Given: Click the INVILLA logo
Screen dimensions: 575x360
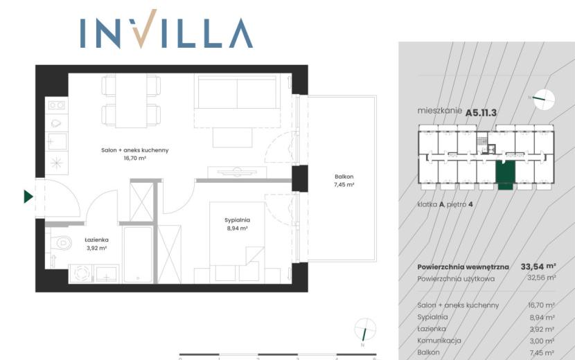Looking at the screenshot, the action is pyautogui.click(x=166, y=29).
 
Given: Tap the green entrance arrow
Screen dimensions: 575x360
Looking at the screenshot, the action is pyautogui.click(x=28, y=197).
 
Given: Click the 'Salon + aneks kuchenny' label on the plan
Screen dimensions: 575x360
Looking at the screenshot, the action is pyautogui.click(x=135, y=150).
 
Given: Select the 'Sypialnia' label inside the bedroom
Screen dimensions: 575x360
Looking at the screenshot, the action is pyautogui.click(x=237, y=220).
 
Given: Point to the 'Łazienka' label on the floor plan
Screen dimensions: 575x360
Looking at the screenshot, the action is pyautogui.click(x=96, y=240).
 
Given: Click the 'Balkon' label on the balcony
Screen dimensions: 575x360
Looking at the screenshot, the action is pyautogui.click(x=344, y=177).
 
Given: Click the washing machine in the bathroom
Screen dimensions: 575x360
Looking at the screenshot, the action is pyautogui.click(x=82, y=273).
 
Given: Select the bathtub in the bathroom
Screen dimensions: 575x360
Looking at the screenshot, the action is pyautogui.click(x=138, y=255).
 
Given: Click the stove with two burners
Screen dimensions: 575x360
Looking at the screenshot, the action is pyautogui.click(x=57, y=106).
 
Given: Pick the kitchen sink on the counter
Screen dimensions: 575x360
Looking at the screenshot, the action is pyautogui.click(x=57, y=141).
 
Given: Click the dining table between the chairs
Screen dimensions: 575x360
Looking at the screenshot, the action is pyautogui.click(x=131, y=101).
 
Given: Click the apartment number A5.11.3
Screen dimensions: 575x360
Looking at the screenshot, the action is pyautogui.click(x=481, y=113).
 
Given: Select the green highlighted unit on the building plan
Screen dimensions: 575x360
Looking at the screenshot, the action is pyautogui.click(x=505, y=175).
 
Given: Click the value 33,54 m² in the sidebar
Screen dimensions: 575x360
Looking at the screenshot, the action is pyautogui.click(x=538, y=267).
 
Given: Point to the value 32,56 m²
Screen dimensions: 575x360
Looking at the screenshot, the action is pyautogui.click(x=542, y=278).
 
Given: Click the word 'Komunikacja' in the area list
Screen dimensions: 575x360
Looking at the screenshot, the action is pyautogui.click(x=439, y=341).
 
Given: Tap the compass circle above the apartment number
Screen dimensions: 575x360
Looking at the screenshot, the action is pyautogui.click(x=545, y=100).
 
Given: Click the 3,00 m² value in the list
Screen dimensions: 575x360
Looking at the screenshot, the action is pyautogui.click(x=542, y=341).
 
